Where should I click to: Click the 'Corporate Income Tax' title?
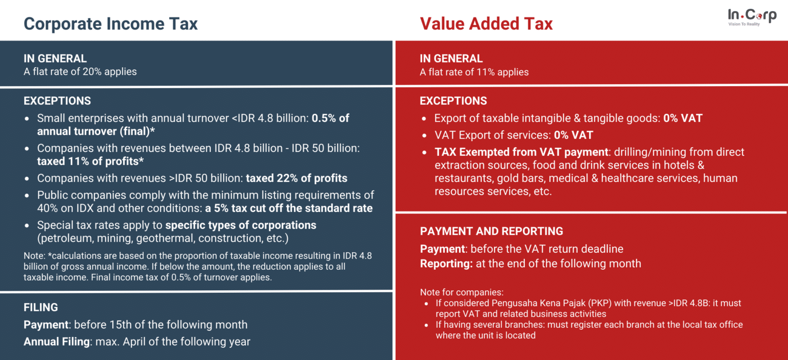click(110, 24)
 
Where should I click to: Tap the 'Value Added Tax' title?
click(486, 24)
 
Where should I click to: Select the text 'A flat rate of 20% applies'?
click(80, 72)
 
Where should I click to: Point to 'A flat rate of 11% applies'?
click(474, 72)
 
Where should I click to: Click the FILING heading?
click(41, 307)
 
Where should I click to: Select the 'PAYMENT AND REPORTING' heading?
click(491, 231)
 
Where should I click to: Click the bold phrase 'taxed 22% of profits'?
click(297, 178)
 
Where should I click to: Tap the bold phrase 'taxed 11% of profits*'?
click(90, 161)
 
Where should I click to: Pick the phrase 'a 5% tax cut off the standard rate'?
click(288, 208)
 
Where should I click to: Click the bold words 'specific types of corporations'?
click(241, 225)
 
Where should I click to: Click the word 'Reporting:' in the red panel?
click(444, 264)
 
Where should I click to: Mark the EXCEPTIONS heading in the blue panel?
click(57, 101)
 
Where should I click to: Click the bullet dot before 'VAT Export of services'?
click(424, 135)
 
